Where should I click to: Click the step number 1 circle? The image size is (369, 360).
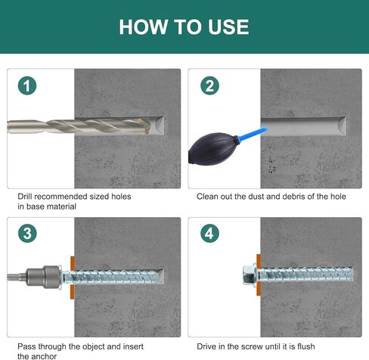pyautogui.click(x=27, y=85)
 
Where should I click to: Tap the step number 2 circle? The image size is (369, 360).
pyautogui.click(x=209, y=85)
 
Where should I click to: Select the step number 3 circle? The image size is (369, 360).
pyautogui.click(x=27, y=234)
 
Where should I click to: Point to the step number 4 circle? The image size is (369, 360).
pyautogui.click(x=209, y=234)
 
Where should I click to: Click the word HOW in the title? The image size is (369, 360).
pyautogui.click(x=144, y=27)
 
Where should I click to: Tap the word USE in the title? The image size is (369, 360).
pyautogui.click(x=228, y=27)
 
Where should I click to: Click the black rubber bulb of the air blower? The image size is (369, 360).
pyautogui.click(x=212, y=149)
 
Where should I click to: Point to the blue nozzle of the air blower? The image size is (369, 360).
pyautogui.click(x=253, y=134)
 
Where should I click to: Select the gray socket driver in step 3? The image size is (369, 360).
pyautogui.click(x=43, y=277)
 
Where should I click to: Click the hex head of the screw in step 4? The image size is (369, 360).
pyautogui.click(x=250, y=275)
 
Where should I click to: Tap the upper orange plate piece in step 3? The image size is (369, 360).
pyautogui.click(x=73, y=263)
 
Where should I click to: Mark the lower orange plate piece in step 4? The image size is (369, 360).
pyautogui.click(x=259, y=289)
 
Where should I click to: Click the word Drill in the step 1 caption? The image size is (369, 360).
pyautogui.click(x=25, y=197)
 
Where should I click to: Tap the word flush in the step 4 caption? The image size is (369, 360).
pyautogui.click(x=306, y=346)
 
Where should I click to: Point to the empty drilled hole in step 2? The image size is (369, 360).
pyautogui.click(x=303, y=126)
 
